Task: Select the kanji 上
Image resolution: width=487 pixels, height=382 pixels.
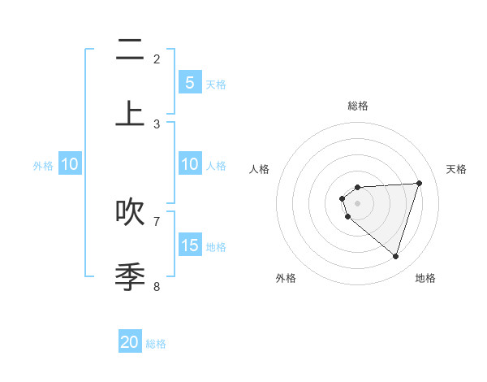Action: click(130, 114)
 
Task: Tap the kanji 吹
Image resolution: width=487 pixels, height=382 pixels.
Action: click(130, 211)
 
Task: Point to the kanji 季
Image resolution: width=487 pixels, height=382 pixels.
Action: click(130, 276)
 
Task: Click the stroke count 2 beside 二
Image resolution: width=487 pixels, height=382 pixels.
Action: click(157, 59)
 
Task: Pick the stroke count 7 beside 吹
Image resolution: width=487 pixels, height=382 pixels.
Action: click(157, 220)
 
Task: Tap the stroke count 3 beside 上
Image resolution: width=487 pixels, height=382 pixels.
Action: click(157, 124)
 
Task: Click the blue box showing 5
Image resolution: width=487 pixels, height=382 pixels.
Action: click(190, 82)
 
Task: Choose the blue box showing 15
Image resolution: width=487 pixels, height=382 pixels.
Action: click(190, 245)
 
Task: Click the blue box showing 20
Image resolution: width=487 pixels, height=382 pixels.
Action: click(130, 342)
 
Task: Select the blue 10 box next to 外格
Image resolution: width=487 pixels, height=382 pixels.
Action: click(70, 164)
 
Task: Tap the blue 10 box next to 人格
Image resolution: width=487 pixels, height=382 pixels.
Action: click(190, 164)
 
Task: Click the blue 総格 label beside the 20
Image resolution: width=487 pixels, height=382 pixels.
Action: click(156, 344)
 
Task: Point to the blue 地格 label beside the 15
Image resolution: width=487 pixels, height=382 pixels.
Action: click(216, 247)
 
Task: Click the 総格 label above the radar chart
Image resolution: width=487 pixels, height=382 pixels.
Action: click(357, 106)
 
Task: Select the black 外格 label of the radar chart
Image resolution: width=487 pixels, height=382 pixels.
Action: click(286, 279)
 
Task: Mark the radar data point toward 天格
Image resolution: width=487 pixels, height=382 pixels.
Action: click(419, 183)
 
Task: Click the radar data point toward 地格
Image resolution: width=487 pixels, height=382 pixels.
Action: click(395, 256)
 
